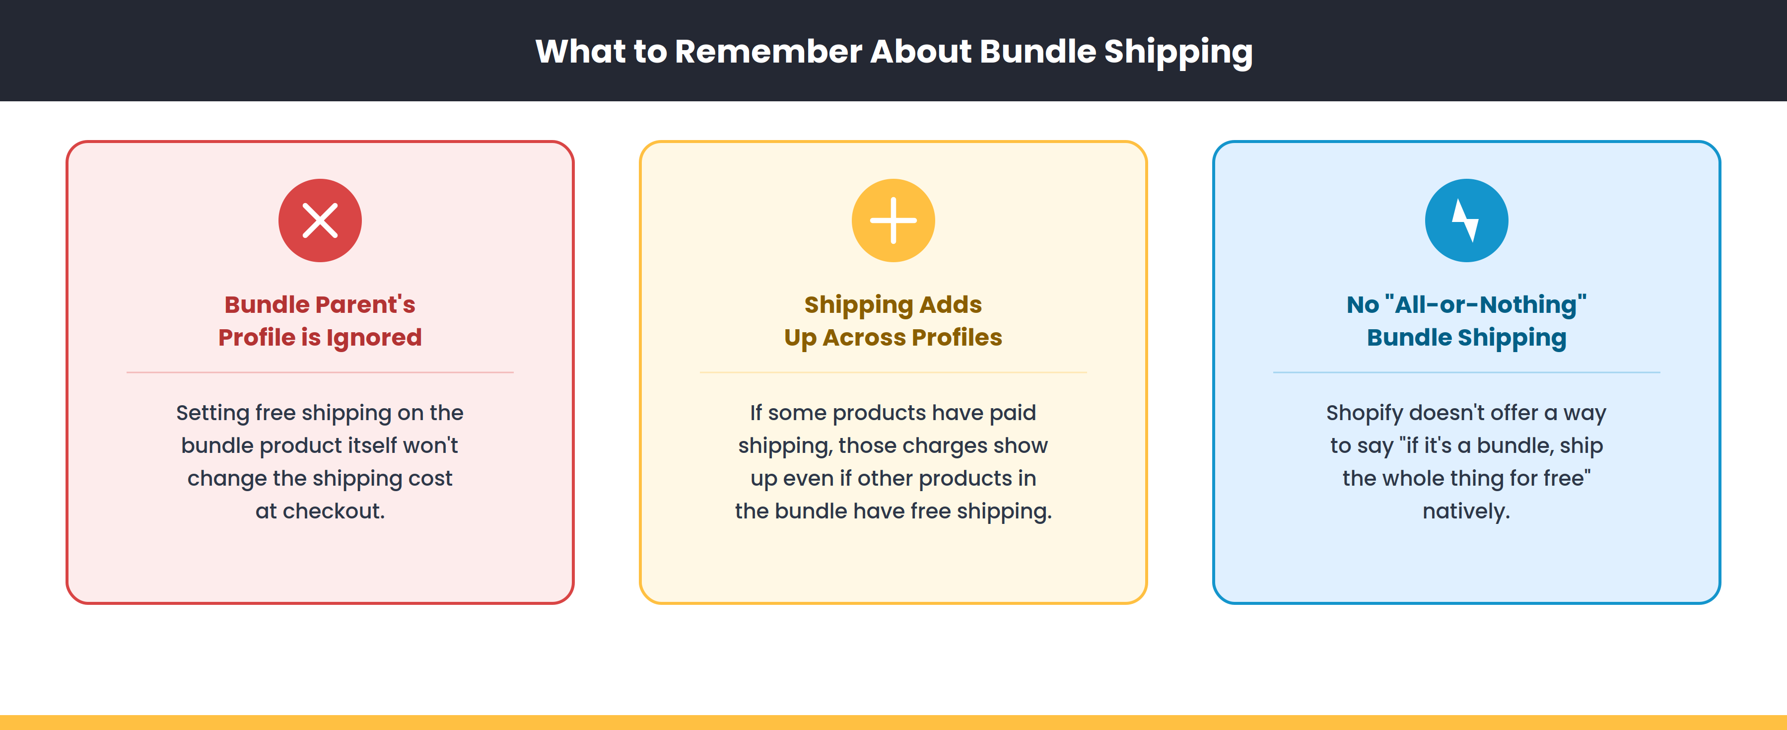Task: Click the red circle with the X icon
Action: pyautogui.click(x=320, y=220)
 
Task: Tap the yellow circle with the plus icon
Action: pyautogui.click(x=893, y=220)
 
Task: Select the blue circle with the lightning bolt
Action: pyautogui.click(x=1466, y=220)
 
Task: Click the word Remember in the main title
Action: pyautogui.click(x=768, y=51)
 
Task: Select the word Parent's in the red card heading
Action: pyautogui.click(x=365, y=304)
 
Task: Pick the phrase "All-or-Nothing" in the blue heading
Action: pyautogui.click(x=1485, y=304)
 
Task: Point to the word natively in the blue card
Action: pyautogui.click(x=1465, y=511)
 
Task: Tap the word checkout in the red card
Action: pyautogui.click(x=333, y=511)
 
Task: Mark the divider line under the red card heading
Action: pyautogui.click(x=320, y=372)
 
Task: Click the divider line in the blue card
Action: pyautogui.click(x=1466, y=372)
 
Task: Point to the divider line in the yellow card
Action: pyautogui.click(x=893, y=372)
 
